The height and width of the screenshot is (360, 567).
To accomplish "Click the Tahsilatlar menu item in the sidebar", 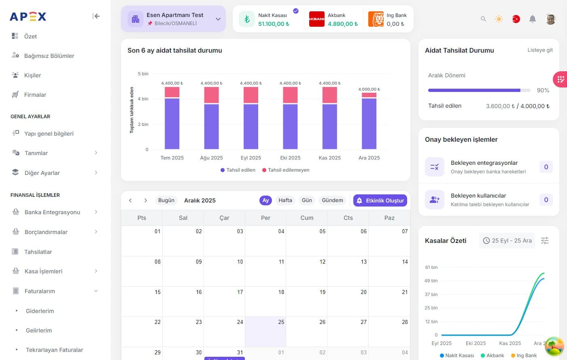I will click(38, 252).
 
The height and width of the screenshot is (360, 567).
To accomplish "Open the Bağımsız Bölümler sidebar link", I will click(49, 56).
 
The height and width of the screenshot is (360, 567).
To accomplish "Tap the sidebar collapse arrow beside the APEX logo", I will click(96, 16).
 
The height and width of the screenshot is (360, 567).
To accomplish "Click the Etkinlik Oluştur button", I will click(380, 200).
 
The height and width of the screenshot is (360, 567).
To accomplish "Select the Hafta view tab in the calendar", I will click(285, 200).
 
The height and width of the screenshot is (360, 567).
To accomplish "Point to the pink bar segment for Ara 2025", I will click(369, 95).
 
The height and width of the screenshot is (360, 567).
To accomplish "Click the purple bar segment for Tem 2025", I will click(172, 124).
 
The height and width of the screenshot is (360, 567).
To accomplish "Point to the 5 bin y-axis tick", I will click(143, 74).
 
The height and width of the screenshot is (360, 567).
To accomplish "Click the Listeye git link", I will click(540, 50).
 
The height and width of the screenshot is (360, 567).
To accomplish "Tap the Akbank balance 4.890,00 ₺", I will click(342, 24).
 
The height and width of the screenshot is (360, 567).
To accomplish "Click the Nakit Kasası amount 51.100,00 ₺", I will click(274, 24).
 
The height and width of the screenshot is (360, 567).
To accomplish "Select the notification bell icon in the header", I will click(533, 19).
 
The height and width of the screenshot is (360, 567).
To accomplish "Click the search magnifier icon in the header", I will click(483, 19).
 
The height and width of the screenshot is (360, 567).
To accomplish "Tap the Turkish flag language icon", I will click(516, 19).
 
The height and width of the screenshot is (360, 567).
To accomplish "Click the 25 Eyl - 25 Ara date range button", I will click(507, 241).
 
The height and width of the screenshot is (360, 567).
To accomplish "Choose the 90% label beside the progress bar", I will click(543, 90).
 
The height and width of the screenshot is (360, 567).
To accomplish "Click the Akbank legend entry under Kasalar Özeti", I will click(492, 356).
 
